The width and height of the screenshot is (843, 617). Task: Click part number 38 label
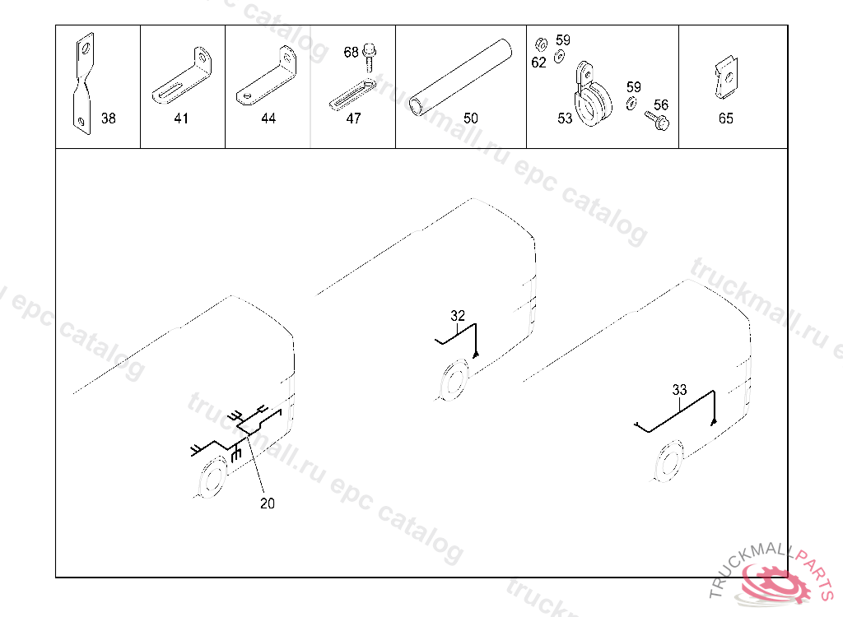(109, 118)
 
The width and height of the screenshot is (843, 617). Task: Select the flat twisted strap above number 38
(83, 83)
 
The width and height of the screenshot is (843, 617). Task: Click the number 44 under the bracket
(268, 118)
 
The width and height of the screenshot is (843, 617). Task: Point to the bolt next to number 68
(370, 57)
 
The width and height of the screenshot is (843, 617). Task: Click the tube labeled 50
(460, 77)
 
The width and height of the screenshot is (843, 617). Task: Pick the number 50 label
(470, 118)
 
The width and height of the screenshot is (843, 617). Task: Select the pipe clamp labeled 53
(592, 97)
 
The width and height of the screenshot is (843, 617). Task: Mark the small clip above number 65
(726, 78)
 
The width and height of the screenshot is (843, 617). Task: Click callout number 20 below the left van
(268, 503)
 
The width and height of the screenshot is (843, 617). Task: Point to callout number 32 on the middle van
(458, 315)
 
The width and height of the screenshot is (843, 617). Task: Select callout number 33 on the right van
(679, 390)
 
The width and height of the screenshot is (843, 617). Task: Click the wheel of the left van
(213, 476)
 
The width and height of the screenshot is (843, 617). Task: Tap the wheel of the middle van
(454, 379)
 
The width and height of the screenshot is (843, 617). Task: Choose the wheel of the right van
(668, 462)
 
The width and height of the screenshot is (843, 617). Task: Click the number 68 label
(351, 52)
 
